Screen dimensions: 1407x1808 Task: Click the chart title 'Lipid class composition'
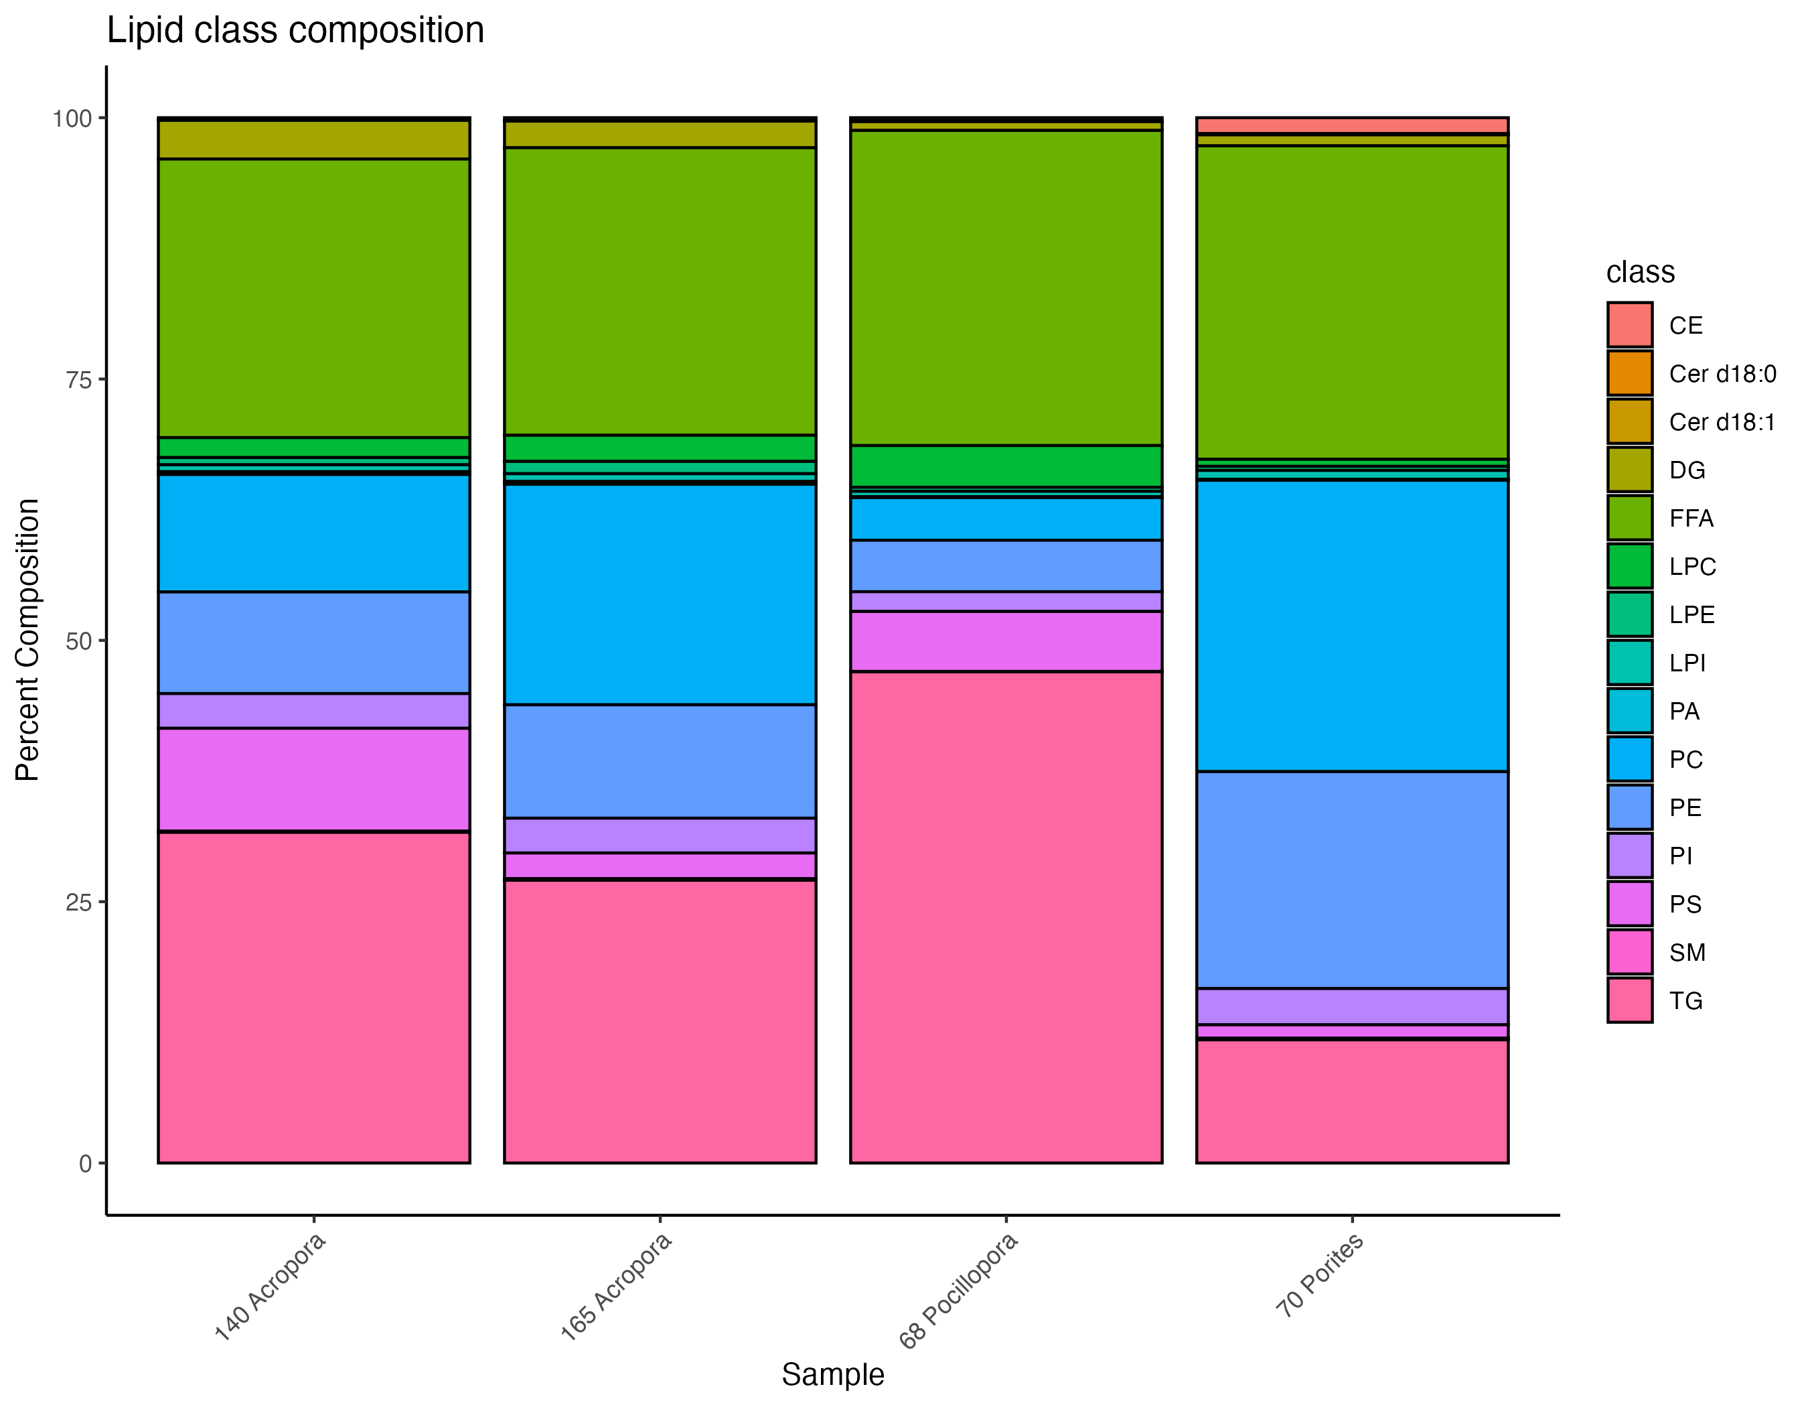[x=295, y=31]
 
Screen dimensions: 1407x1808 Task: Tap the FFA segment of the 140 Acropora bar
[x=314, y=297]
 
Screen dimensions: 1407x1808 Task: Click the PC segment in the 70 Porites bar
[x=1351, y=625]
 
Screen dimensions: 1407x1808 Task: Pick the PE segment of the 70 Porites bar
[x=1351, y=880]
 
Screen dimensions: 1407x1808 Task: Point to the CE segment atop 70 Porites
[x=1351, y=125]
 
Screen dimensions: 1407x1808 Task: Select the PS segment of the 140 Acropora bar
[x=314, y=779]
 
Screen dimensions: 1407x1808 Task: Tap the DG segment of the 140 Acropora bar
[x=314, y=140]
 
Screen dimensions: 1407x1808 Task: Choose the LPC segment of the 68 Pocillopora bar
[x=1005, y=466]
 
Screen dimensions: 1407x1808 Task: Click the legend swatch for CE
[x=1629, y=325]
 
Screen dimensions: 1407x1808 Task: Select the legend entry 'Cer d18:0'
[x=1722, y=373]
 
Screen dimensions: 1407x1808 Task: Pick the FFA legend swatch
[x=1629, y=518]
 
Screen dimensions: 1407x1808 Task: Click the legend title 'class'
[x=1640, y=271]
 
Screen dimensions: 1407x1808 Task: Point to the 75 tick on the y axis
[x=78, y=379]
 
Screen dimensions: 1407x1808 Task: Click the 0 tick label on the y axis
[x=85, y=1164]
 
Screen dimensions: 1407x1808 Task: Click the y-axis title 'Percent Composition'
[x=27, y=639]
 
